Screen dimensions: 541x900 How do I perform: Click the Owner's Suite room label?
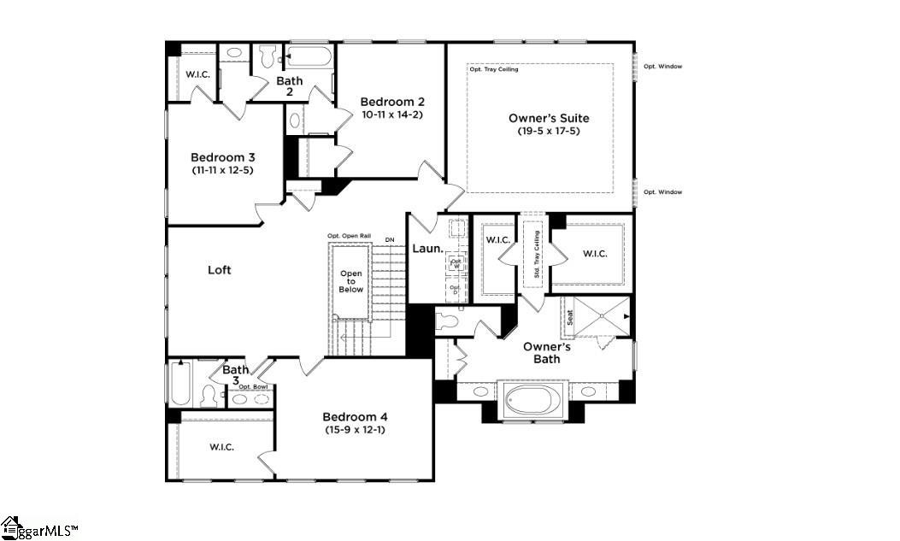(x=549, y=118)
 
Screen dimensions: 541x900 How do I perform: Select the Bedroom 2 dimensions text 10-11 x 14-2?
(x=391, y=114)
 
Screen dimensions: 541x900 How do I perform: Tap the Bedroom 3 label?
(x=222, y=157)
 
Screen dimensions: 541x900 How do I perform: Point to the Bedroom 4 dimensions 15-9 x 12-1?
(x=355, y=429)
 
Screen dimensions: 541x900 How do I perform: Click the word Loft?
(x=220, y=270)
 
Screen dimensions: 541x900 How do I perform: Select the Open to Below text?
(x=351, y=282)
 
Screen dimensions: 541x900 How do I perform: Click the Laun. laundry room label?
(x=427, y=249)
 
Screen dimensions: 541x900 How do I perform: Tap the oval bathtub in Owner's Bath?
(x=531, y=399)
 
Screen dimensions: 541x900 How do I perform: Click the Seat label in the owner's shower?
(x=570, y=317)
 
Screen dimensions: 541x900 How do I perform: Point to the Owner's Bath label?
(x=547, y=352)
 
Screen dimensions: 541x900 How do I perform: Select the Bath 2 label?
(x=289, y=86)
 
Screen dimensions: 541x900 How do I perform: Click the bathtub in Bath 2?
(x=310, y=58)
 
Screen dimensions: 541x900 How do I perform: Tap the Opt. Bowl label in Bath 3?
(x=253, y=387)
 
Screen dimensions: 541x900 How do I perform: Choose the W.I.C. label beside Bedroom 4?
(x=221, y=447)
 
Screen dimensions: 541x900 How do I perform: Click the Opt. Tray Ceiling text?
(x=492, y=69)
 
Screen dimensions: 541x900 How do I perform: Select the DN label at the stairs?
(x=390, y=239)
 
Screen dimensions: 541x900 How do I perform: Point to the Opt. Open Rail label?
(x=349, y=236)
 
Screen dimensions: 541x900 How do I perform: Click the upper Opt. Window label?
(x=662, y=66)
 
